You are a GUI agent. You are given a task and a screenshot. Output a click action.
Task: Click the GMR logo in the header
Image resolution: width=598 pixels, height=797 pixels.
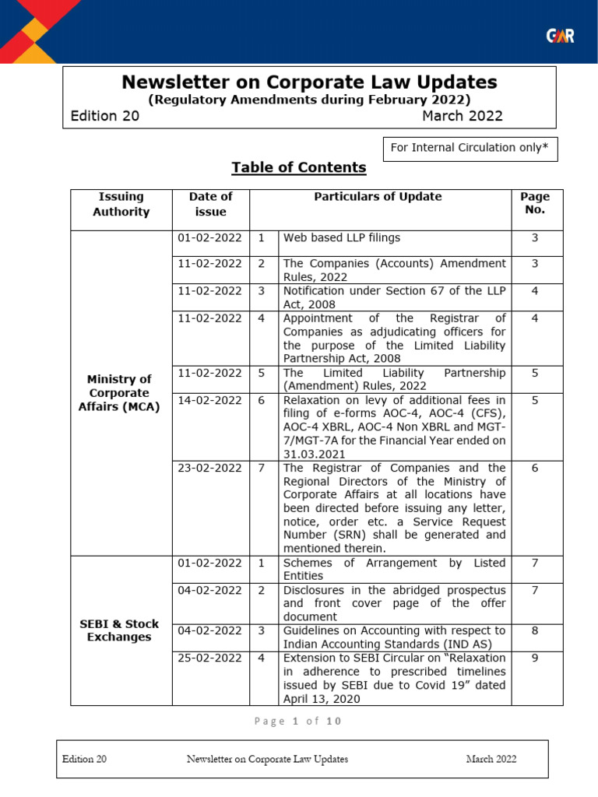pyautogui.click(x=560, y=36)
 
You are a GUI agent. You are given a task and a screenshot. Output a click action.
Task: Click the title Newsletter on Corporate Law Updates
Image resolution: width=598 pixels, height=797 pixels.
pyautogui.click(x=309, y=83)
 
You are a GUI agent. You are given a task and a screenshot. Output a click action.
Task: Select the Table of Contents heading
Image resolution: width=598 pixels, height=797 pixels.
pyautogui.click(x=298, y=167)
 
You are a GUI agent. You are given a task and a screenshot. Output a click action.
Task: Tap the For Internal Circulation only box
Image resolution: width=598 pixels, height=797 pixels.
pyautogui.click(x=470, y=148)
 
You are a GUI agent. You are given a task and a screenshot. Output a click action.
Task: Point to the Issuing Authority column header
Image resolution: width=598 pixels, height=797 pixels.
pyautogui.click(x=121, y=204)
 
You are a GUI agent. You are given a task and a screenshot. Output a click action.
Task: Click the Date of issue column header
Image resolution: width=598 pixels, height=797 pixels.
pyautogui.click(x=210, y=204)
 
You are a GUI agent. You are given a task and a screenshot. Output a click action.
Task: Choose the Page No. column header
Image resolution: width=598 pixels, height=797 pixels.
pyautogui.click(x=535, y=203)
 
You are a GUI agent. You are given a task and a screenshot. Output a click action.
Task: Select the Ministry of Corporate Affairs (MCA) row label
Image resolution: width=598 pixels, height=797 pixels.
pyautogui.click(x=120, y=393)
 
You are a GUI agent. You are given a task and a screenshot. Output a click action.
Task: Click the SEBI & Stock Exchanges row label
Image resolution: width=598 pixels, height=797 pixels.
pyautogui.click(x=120, y=630)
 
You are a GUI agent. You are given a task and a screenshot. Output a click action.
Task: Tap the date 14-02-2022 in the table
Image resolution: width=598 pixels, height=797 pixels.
pyautogui.click(x=210, y=400)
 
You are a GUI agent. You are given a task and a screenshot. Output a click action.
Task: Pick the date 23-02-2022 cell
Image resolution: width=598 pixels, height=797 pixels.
pyautogui.click(x=210, y=468)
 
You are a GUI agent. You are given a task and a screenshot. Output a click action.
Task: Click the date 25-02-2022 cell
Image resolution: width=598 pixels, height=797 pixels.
pyautogui.click(x=210, y=658)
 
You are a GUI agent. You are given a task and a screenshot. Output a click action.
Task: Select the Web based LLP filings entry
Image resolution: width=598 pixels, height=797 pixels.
pyautogui.click(x=342, y=237)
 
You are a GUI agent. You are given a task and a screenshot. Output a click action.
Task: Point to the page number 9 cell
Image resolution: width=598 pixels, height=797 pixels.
pyautogui.click(x=535, y=658)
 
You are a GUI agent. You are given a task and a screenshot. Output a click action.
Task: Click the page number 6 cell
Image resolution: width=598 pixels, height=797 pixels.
pyautogui.click(x=535, y=468)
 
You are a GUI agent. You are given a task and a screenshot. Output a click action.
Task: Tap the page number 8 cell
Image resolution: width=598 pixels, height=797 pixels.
pyautogui.click(x=535, y=630)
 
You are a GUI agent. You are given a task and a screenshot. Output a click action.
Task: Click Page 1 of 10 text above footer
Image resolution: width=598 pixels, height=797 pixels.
pyautogui.click(x=298, y=722)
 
